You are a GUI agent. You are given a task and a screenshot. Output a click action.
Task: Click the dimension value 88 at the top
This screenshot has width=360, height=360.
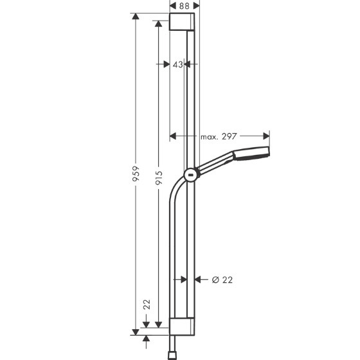coord(184,6)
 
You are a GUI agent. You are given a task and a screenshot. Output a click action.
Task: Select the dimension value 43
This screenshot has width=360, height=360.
coord(178,64)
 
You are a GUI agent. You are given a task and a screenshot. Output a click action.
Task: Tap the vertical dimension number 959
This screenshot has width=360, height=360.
coord(136,174)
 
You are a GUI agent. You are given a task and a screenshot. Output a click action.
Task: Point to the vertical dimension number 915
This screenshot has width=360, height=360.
coord(159,177)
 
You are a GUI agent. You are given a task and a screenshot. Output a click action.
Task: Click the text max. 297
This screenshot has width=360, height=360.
coord(219,136)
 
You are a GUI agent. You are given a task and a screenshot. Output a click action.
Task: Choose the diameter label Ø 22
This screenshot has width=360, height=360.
coord(222,280)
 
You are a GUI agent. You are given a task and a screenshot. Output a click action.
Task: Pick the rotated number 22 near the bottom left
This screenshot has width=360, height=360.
coord(147,305)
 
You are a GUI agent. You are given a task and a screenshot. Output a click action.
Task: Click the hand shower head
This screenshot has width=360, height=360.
coord(251,153)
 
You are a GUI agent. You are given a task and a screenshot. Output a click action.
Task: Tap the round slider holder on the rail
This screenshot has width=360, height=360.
coord(191,175)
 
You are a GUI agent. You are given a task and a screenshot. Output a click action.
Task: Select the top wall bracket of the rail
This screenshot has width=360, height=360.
coord(182,22)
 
